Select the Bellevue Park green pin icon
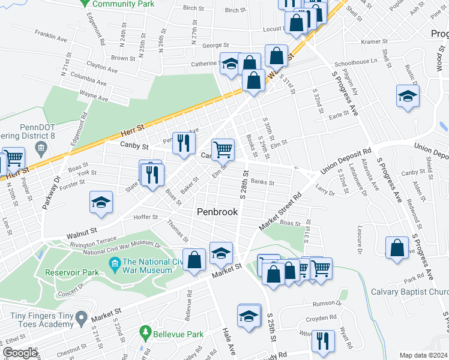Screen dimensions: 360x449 145,332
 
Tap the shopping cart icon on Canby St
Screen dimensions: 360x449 223,149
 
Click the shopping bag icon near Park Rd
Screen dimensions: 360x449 397,247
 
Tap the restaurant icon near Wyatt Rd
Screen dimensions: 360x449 324,340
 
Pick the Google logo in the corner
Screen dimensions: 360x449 19,353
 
